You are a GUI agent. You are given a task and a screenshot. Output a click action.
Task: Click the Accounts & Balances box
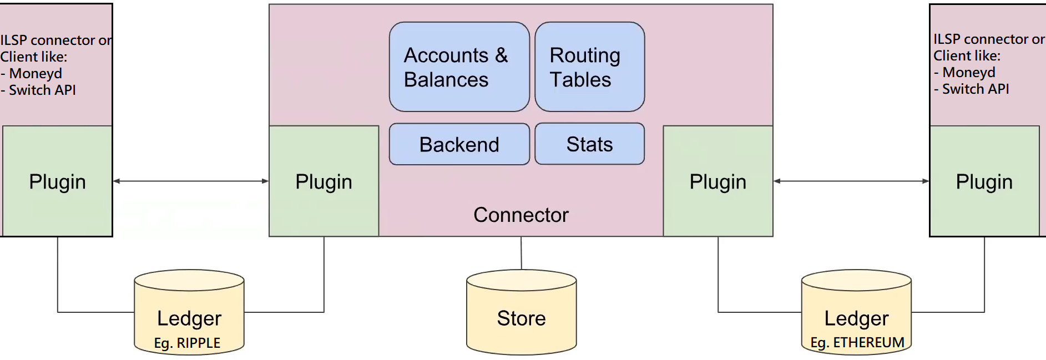coord(459,67)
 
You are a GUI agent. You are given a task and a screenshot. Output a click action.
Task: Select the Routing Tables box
coord(589,67)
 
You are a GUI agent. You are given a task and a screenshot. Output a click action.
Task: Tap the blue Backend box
coord(459,144)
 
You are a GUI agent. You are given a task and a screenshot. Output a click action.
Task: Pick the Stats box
coord(589,144)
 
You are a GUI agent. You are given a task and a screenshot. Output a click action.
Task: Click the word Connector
coord(521,215)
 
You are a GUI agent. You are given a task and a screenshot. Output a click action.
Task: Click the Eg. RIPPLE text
coord(187,343)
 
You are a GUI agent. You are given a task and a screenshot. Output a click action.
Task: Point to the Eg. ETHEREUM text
coord(857,342)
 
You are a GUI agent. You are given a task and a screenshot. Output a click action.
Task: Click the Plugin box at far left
coord(57,181)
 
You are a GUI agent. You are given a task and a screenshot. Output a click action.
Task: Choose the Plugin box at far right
coord(984,181)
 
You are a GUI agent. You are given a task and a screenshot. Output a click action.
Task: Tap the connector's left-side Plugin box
coord(324,181)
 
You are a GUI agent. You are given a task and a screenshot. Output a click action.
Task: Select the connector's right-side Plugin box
coord(717,181)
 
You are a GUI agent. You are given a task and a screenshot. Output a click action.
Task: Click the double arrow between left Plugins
coord(191,181)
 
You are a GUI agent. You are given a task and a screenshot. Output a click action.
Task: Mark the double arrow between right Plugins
coord(851,181)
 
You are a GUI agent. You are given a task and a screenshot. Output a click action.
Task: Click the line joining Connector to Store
coord(521,253)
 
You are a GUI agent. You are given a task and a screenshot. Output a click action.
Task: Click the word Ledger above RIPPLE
coord(189,318)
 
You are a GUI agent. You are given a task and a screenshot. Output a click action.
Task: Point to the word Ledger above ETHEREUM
coord(856,318)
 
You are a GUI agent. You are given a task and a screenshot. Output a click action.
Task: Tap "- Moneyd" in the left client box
coord(32,73)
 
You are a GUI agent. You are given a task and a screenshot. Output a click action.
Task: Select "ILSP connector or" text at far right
coord(988,39)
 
